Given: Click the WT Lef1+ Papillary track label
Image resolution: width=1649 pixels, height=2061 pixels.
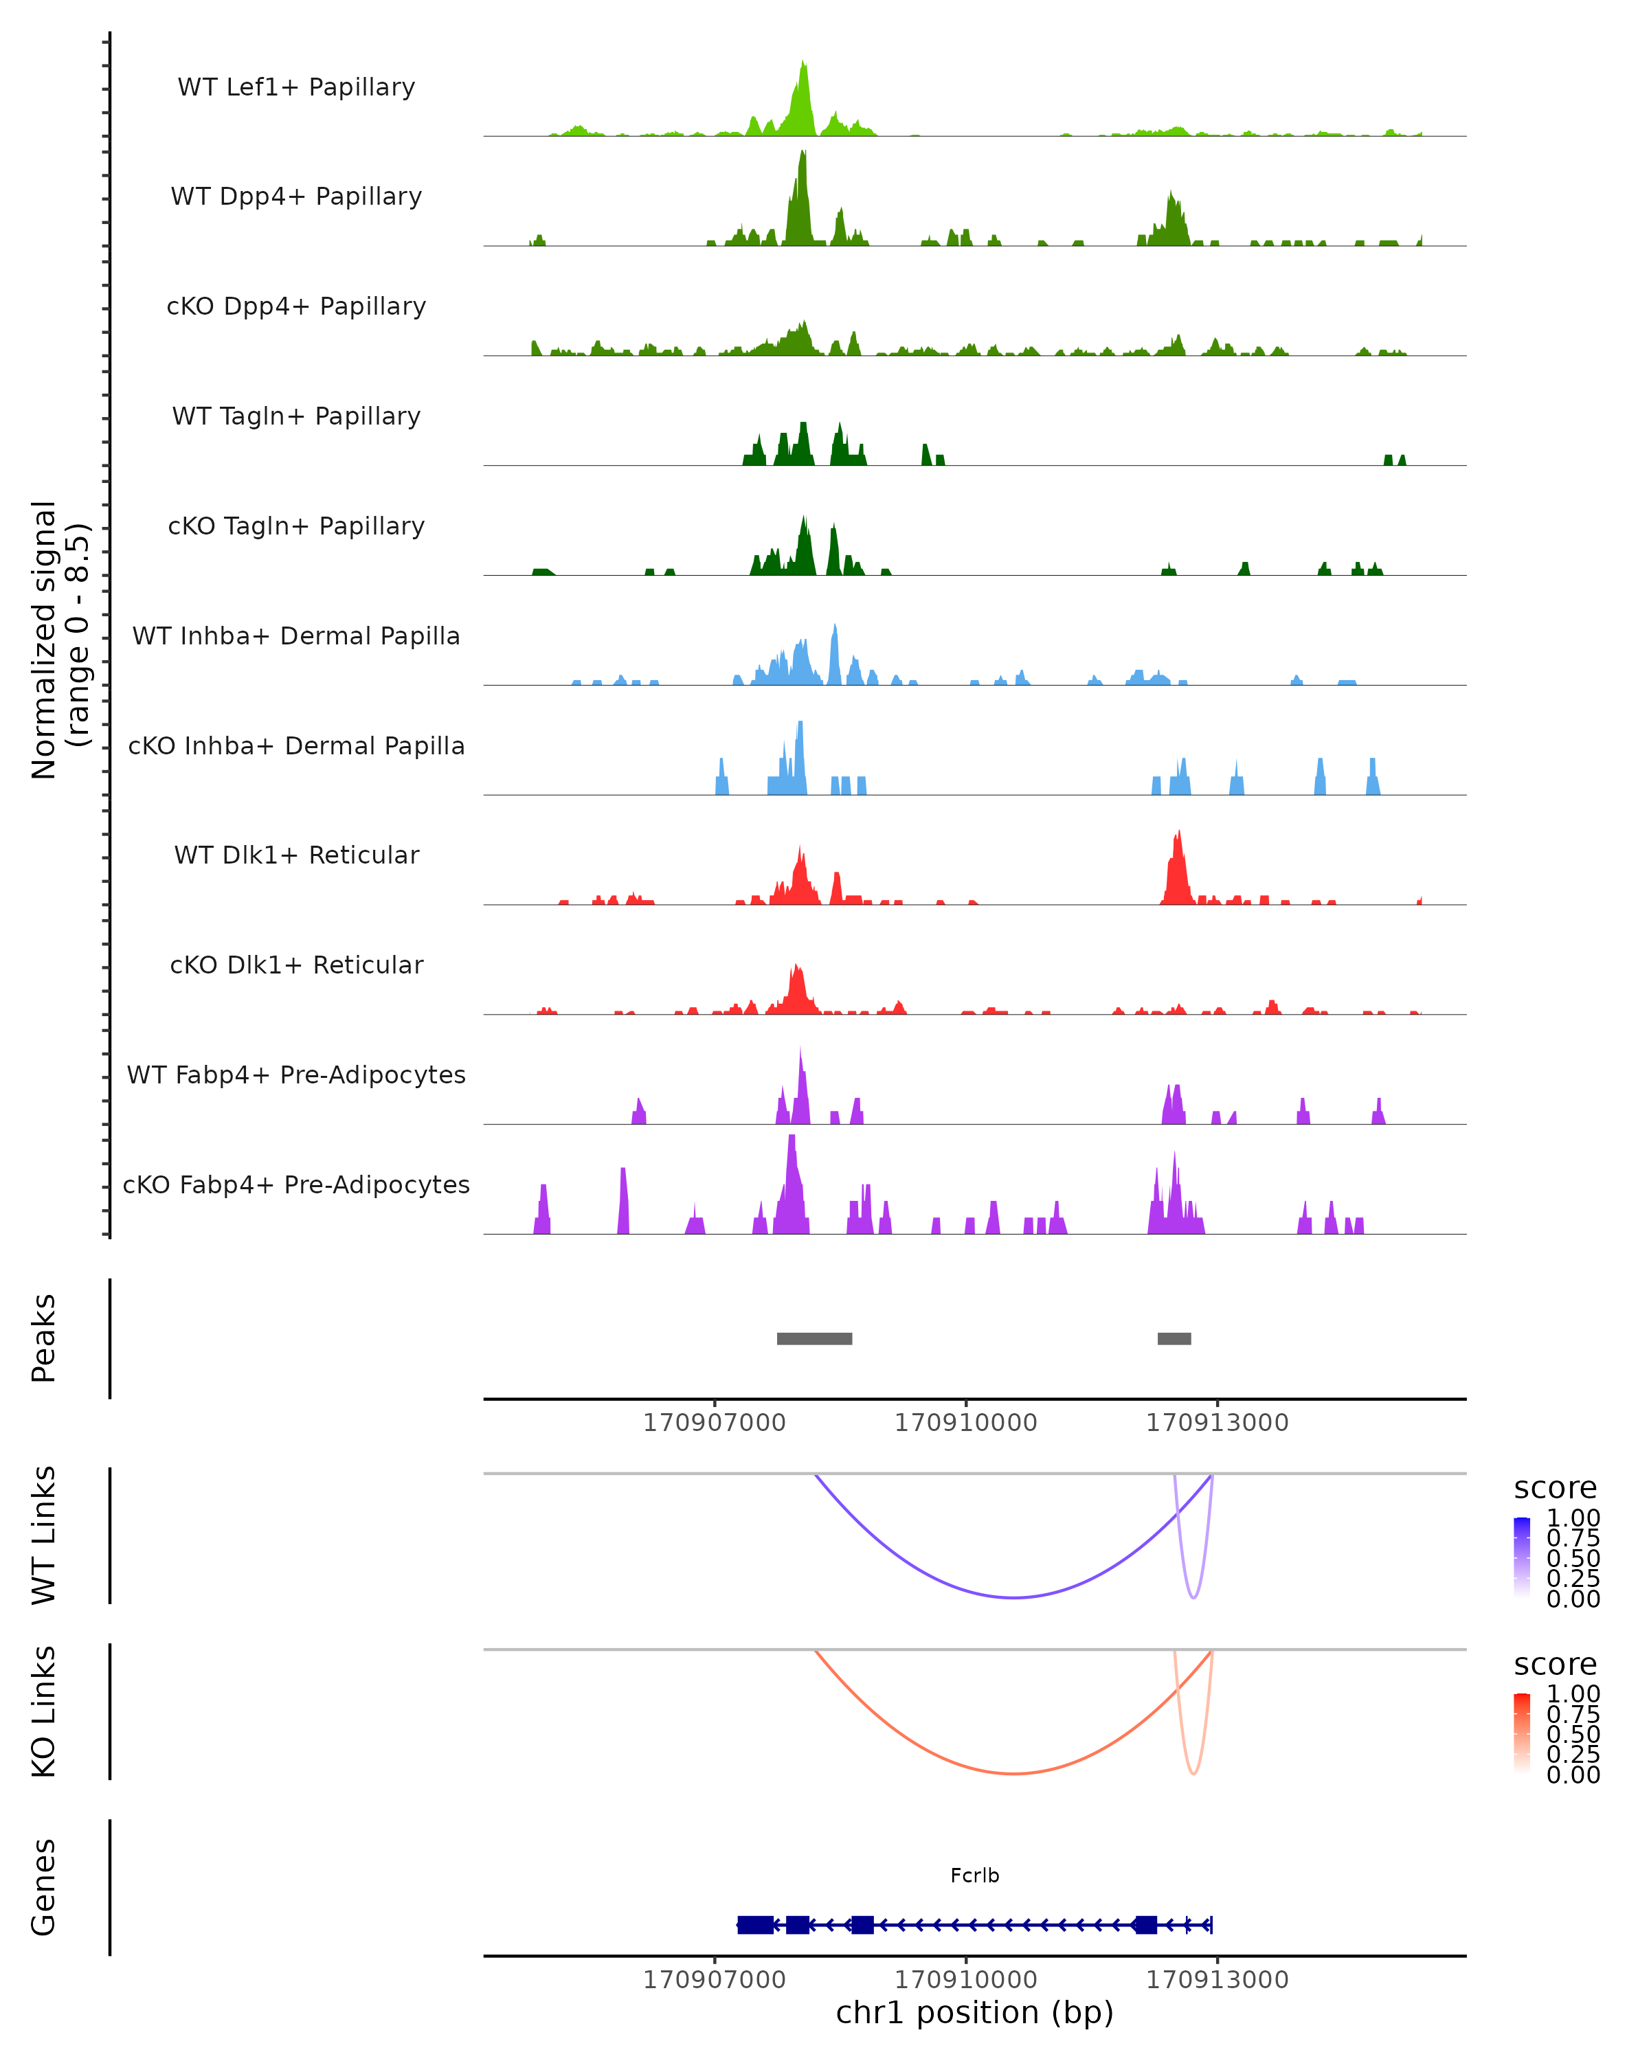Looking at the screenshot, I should click(x=296, y=87).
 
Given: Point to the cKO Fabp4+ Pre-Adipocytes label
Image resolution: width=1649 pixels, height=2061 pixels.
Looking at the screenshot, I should click(x=296, y=1184).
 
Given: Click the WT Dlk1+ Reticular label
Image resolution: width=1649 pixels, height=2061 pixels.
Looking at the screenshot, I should click(x=296, y=855).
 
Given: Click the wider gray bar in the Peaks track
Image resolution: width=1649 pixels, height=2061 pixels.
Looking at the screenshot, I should click(x=814, y=1338).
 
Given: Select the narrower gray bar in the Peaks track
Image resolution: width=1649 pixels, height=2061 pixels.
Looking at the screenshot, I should click(x=1174, y=1338).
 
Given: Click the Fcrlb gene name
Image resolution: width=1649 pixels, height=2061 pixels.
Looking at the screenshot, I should click(x=974, y=1876).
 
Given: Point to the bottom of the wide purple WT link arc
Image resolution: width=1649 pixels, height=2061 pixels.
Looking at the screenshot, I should click(x=1013, y=1597).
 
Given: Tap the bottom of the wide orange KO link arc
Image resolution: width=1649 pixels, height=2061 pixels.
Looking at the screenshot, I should click(x=1013, y=1773).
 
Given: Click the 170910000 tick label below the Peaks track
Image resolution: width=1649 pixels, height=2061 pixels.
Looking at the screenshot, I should click(x=965, y=1423).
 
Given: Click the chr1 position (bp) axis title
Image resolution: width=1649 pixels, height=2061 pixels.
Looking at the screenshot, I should click(x=974, y=2012).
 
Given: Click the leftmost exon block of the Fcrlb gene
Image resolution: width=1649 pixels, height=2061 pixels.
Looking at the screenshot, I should click(x=755, y=1924).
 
